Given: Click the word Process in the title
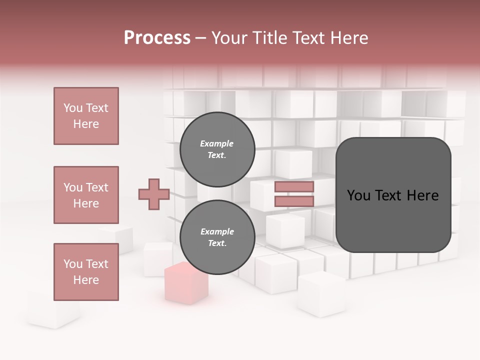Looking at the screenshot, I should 157,38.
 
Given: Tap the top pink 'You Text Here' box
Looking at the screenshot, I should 86,116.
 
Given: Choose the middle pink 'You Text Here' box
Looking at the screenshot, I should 86,195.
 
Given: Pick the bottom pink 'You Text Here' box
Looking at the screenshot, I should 86,272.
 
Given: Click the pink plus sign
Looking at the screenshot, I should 154,194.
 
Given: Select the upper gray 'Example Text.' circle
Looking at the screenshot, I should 217,149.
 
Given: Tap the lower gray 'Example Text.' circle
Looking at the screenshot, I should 217,237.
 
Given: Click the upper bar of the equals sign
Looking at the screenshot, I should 294,187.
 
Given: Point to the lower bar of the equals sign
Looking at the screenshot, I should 294,201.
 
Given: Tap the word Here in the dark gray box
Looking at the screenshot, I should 422,195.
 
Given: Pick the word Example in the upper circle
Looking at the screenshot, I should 216,143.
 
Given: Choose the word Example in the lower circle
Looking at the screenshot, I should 217,231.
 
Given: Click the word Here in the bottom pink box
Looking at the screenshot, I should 86,280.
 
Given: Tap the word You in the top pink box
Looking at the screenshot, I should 73,108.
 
